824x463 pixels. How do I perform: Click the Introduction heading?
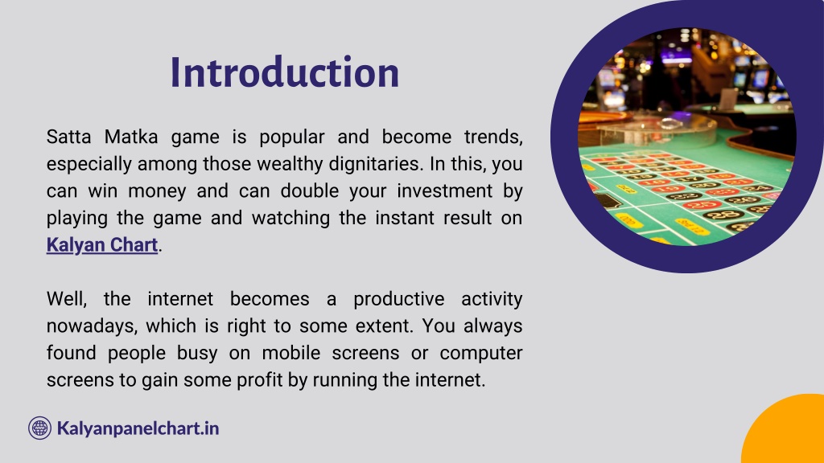click(x=285, y=72)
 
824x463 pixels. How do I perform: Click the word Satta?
click(x=68, y=137)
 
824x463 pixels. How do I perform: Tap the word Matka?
click(x=131, y=137)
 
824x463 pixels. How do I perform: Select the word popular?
click(x=291, y=137)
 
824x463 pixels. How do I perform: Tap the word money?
click(x=157, y=191)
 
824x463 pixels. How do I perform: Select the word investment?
click(x=444, y=191)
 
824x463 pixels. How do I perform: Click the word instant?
click(x=405, y=218)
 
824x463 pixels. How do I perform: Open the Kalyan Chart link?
click(x=102, y=245)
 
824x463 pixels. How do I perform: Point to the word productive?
click(x=399, y=300)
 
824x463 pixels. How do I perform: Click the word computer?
click(x=481, y=354)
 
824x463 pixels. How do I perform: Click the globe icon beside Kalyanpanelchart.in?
click(x=40, y=428)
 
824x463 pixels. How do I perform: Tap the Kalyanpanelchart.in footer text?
click(x=138, y=428)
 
